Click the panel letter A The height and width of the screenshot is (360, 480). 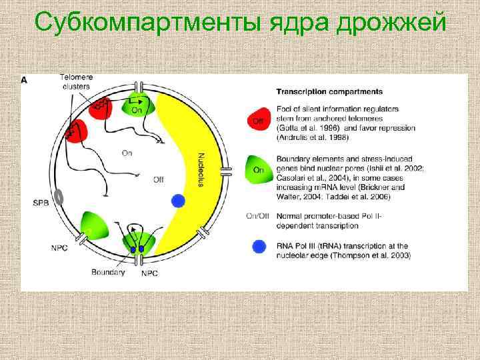tap(25, 79)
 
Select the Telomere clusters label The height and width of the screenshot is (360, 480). tap(77, 81)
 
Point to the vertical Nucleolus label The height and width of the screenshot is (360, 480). tap(201, 171)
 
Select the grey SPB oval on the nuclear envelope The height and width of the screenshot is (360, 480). tap(59, 197)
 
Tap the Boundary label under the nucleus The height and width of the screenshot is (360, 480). tap(108, 272)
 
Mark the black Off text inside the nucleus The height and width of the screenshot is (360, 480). tap(158, 179)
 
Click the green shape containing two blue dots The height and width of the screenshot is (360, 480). tap(137, 243)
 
